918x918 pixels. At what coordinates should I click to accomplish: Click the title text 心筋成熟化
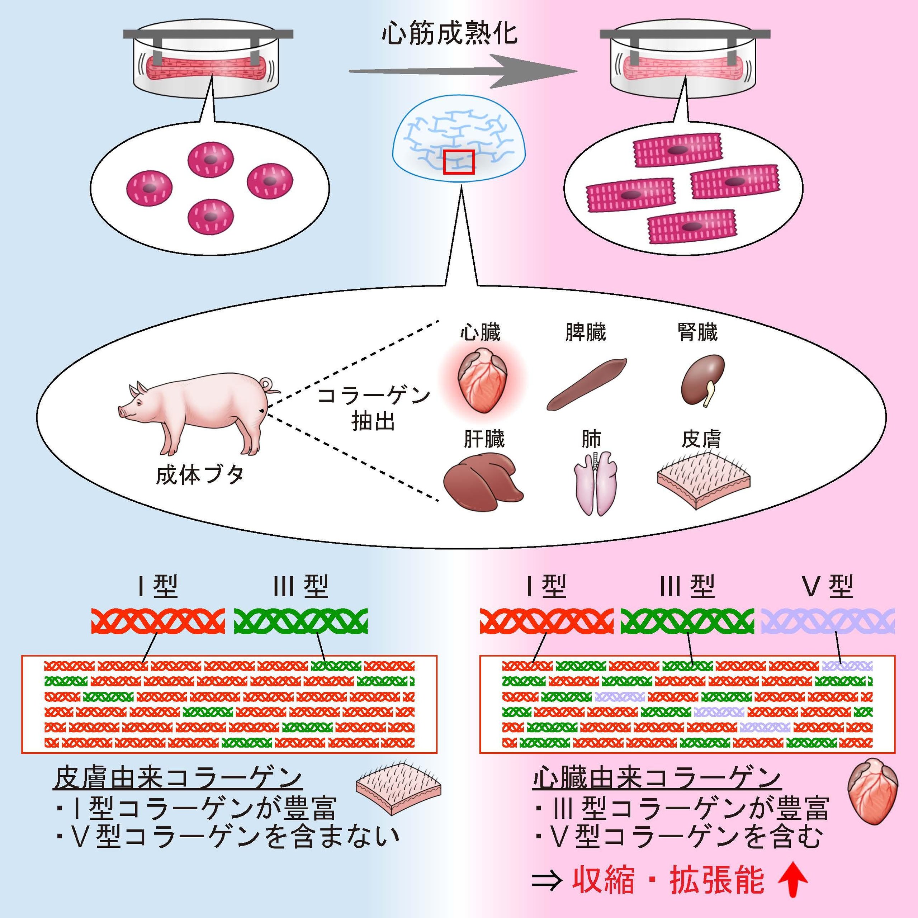tap(449, 34)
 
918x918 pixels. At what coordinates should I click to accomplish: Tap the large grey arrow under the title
tap(463, 71)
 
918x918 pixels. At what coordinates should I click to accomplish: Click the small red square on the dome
tap(459, 162)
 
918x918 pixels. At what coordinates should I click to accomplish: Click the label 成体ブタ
tap(200, 475)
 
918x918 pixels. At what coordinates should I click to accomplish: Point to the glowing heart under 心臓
tap(481, 380)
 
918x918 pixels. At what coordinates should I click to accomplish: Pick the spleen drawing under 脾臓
tap(587, 384)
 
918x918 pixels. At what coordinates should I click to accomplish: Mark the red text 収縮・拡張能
tap(668, 880)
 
